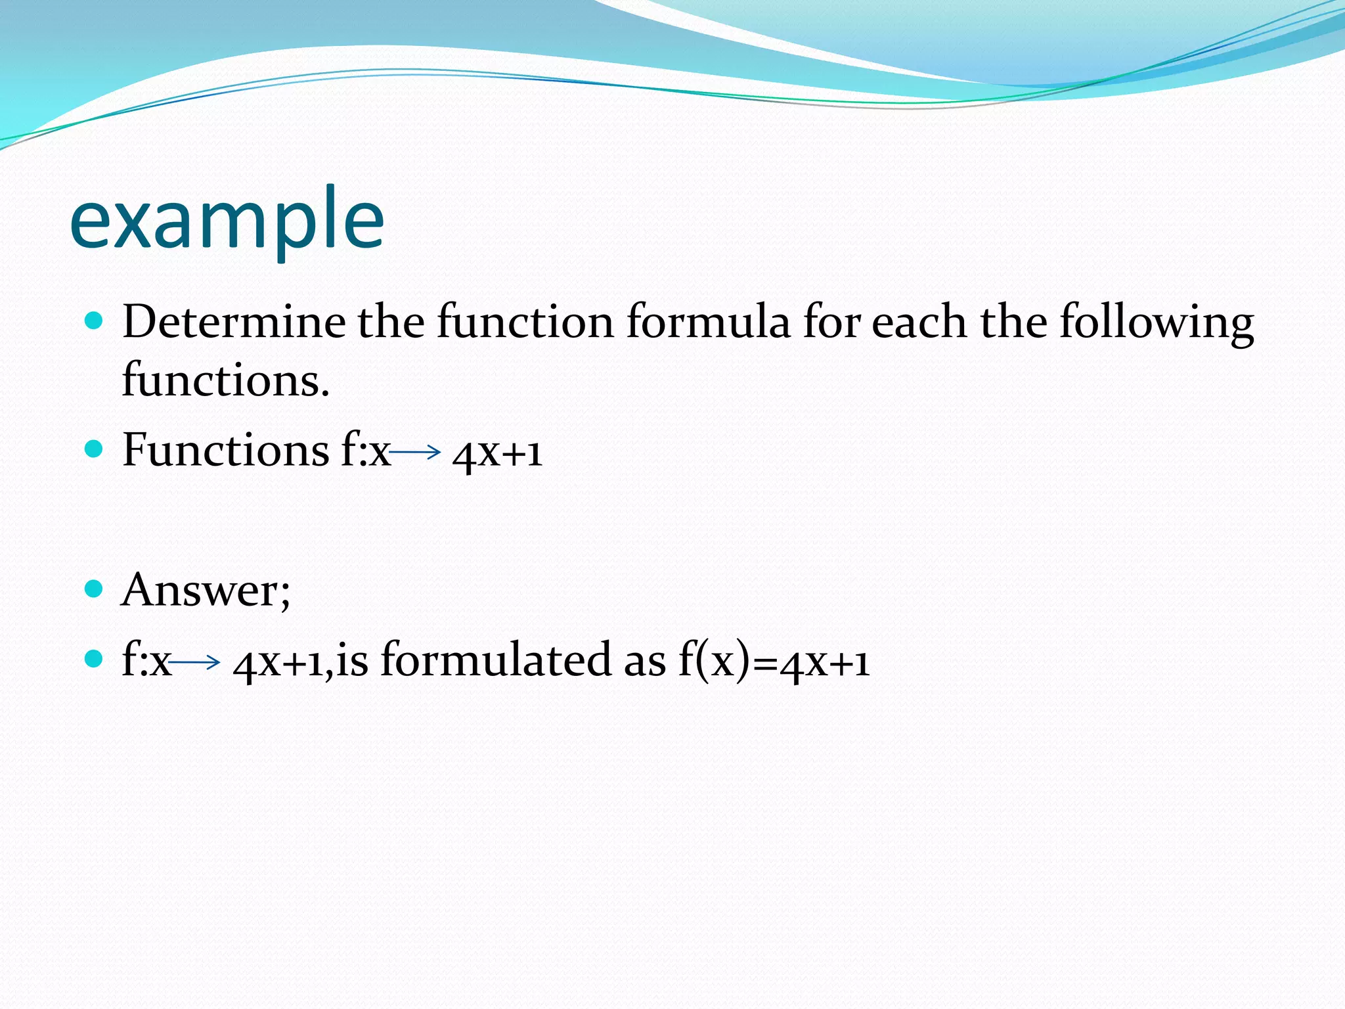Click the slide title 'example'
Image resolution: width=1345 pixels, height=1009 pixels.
(x=227, y=220)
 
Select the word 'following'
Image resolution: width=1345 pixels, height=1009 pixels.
(x=1157, y=323)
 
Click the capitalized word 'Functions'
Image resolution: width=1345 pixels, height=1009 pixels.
(x=225, y=451)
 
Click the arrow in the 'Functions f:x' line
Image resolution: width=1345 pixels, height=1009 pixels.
(x=415, y=451)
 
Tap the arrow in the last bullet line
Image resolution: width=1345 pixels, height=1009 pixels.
(x=195, y=662)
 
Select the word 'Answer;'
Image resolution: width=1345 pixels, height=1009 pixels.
(x=205, y=590)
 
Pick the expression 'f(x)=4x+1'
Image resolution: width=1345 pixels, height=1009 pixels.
(x=774, y=661)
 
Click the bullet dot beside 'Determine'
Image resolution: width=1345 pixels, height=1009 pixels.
(x=95, y=321)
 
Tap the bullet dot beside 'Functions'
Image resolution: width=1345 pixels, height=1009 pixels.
(x=95, y=449)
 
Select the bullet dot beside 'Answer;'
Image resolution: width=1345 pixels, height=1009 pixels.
(x=95, y=589)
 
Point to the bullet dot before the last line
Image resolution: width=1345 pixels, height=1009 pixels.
(x=95, y=659)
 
